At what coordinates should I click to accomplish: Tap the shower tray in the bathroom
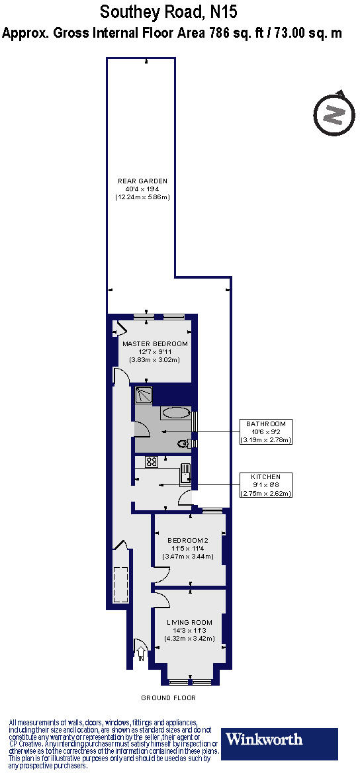[x=144, y=395]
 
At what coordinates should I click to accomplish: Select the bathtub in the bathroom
[x=176, y=413]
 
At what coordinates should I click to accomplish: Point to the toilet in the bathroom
[x=183, y=443]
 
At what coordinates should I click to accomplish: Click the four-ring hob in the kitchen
[x=151, y=462]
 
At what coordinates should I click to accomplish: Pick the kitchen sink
[x=186, y=474]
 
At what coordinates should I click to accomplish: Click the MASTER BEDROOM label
[x=155, y=344]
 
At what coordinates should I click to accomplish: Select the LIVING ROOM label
[x=189, y=622]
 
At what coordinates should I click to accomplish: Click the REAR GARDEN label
[x=142, y=181]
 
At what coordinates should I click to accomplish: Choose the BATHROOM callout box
[x=266, y=432]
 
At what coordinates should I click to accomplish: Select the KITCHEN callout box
[x=266, y=484]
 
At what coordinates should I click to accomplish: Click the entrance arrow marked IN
[x=140, y=651]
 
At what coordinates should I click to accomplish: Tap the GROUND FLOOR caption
[x=169, y=698]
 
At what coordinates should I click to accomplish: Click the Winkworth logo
[x=281, y=744]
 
